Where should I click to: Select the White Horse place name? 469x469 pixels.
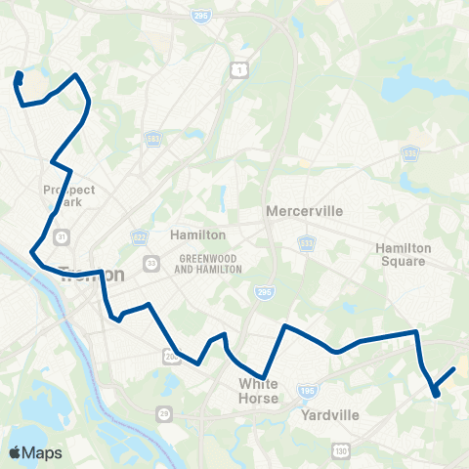click(x=259, y=391)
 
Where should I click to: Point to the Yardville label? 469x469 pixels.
click(x=330, y=414)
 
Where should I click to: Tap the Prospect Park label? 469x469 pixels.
click(x=63, y=195)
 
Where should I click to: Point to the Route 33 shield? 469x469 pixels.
click(x=151, y=263)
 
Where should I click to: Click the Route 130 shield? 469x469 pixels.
click(x=340, y=449)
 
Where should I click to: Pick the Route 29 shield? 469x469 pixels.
click(x=164, y=414)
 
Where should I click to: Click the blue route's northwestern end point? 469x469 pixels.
click(x=19, y=75)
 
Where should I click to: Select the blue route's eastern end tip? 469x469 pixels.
click(x=454, y=369)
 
